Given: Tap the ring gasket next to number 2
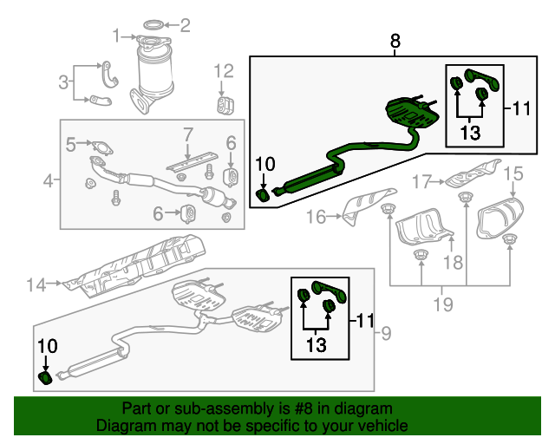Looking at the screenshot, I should [153, 23].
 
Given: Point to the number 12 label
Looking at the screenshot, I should [224, 70].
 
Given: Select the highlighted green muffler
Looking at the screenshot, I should [408, 114].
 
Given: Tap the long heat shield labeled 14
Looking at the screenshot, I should [143, 261].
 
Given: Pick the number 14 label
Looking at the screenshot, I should [35, 283].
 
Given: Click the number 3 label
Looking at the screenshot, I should [63, 82].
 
